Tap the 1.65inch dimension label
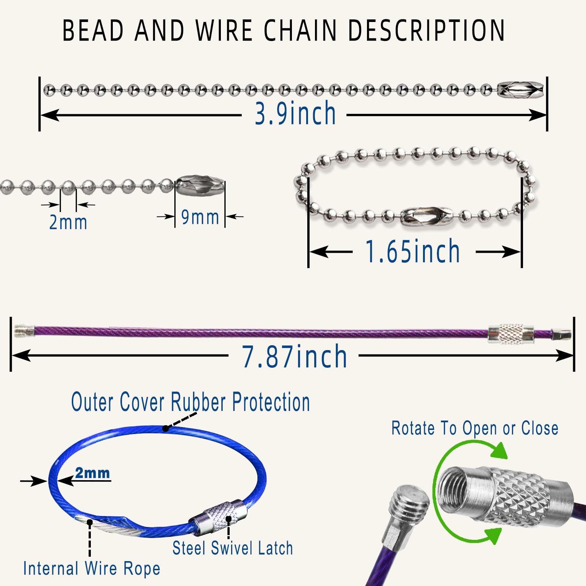413,252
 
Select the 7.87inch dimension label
294,356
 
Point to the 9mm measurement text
200,217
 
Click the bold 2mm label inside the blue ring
92,473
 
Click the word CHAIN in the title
300,30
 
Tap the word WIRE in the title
224,30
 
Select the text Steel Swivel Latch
233,548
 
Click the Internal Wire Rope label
92,568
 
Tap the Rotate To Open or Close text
475,428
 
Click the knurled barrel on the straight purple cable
511,333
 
